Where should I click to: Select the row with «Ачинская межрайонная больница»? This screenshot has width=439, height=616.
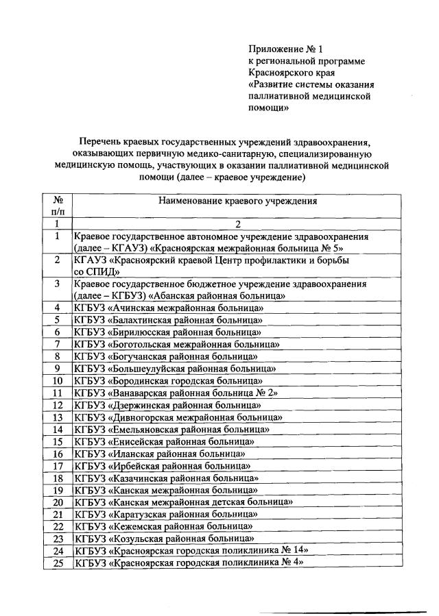click(169, 308)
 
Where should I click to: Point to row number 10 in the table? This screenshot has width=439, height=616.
click(58, 381)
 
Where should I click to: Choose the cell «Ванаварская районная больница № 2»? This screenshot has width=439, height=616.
click(178, 393)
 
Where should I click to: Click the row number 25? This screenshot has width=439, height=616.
click(58, 563)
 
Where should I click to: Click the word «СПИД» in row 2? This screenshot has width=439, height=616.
click(97, 272)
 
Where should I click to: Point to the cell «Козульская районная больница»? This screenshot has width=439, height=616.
click(165, 539)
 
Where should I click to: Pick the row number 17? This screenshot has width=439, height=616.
click(58, 466)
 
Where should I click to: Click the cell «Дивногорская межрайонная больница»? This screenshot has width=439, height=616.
click(177, 417)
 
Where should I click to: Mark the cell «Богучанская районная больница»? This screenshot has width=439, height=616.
click(166, 356)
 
